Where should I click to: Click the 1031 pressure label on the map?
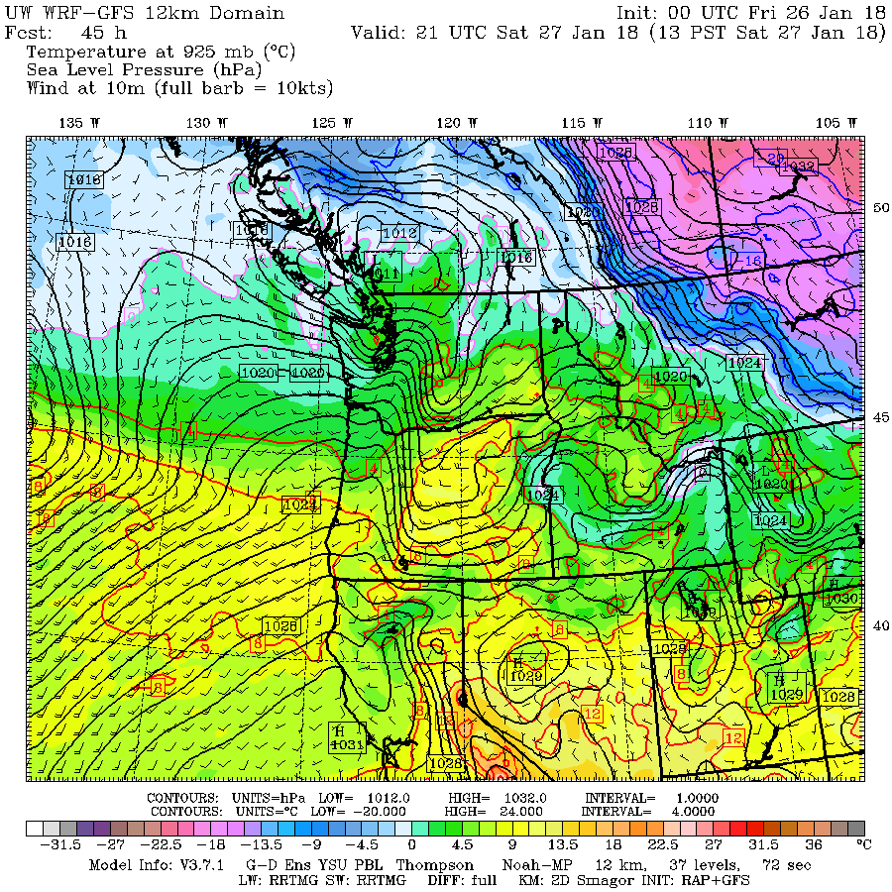point(345,744)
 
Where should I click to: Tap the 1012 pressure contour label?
point(399,233)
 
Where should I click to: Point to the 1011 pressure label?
point(388,273)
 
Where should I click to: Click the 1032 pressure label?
point(802,167)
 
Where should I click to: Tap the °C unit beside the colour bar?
point(863,844)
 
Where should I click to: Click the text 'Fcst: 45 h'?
point(65,32)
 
